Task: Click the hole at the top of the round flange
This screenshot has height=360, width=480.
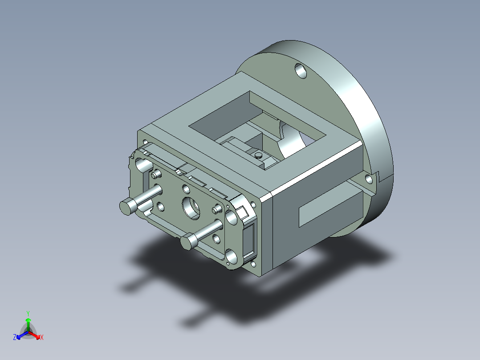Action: point(301,71)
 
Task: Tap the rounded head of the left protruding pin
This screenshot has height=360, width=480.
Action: point(126,207)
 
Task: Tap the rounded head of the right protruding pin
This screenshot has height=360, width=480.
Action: point(188,242)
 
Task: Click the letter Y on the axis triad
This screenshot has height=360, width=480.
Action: point(28,313)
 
